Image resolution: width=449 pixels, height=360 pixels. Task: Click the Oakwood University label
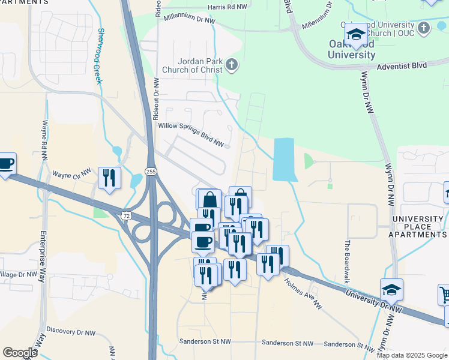(352, 49)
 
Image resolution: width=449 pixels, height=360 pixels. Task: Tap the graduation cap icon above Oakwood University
(356, 34)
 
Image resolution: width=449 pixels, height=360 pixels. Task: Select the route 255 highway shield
(151, 171)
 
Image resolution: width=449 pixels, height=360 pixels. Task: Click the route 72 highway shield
(125, 215)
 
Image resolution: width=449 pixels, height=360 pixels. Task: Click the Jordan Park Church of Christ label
(200, 65)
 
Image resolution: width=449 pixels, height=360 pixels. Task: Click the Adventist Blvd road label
(405, 67)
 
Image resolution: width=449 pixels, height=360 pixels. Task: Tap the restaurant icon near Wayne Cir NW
(109, 178)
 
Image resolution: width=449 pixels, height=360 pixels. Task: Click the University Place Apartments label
(418, 230)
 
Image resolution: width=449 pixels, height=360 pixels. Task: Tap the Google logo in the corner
(20, 353)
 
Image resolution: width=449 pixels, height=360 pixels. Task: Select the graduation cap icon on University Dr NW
(391, 290)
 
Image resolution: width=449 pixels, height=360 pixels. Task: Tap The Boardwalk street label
(347, 254)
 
